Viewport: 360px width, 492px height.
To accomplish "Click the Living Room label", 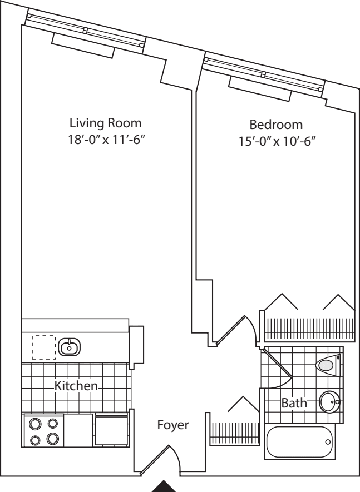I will [x=105, y=122].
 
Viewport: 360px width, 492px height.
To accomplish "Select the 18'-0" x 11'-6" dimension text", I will [x=105, y=140].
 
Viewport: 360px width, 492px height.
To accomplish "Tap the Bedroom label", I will [x=276, y=124].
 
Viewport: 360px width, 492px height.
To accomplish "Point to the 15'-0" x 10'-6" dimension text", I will [x=276, y=141].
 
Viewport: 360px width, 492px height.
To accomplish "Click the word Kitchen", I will [x=76, y=385].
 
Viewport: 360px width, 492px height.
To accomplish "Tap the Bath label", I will [x=294, y=403].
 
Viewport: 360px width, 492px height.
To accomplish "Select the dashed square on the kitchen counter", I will [x=43, y=347].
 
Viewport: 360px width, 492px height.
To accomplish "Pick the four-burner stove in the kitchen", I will [x=43, y=431].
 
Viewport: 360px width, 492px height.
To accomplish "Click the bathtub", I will [x=300, y=442].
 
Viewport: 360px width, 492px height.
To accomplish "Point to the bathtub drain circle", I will [x=327, y=443].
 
